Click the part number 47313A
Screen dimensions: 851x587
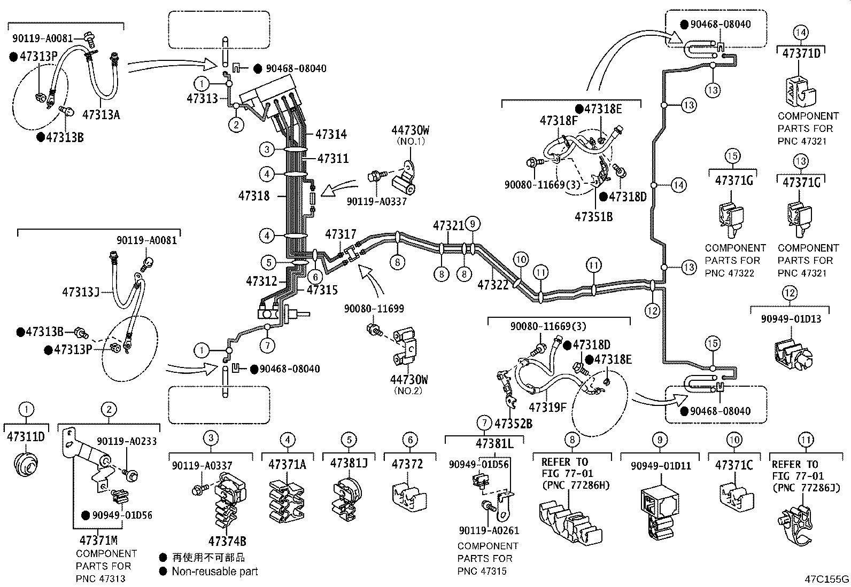(x=101, y=114)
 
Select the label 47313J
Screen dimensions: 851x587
(x=81, y=292)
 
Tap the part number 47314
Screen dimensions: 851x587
(x=331, y=134)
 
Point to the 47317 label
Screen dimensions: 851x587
(x=341, y=234)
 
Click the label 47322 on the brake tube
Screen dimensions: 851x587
(x=493, y=285)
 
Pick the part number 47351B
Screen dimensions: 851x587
(x=594, y=216)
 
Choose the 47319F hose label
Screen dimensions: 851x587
(x=547, y=408)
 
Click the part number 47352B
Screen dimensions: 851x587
(x=513, y=424)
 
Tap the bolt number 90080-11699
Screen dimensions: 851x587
(x=374, y=308)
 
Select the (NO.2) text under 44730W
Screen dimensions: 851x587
(x=408, y=390)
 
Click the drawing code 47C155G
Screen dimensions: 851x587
(x=827, y=579)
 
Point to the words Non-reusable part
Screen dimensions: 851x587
(x=215, y=571)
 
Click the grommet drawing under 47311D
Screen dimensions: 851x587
(x=26, y=463)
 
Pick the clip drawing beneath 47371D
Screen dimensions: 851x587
(x=800, y=92)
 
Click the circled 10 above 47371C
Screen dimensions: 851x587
(x=734, y=440)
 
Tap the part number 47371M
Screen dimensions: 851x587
(x=99, y=539)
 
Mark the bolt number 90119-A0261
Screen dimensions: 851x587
(x=489, y=530)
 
